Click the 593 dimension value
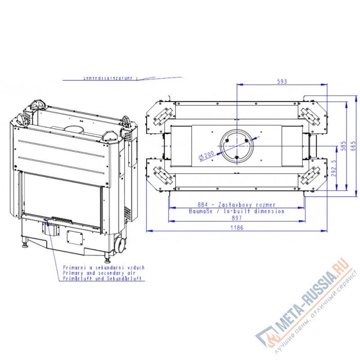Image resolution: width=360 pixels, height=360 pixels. tap(282, 81)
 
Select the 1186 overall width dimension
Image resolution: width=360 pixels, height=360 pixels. tap(237, 227)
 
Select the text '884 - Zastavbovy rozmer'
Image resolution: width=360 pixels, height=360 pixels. tap(236, 205)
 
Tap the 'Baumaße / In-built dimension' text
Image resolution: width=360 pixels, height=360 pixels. tap(236, 211)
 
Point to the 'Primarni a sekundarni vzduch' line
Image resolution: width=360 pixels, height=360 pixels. tap(103, 267)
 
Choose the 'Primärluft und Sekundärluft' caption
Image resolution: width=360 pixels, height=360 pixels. tap(102, 279)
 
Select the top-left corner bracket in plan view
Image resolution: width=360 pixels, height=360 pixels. tap(162, 115)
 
